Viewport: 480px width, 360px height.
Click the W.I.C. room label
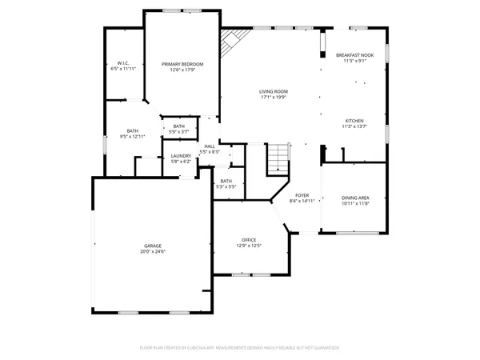(x=123, y=62)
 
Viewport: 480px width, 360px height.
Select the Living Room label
(x=273, y=91)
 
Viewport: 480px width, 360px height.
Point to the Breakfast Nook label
(x=354, y=54)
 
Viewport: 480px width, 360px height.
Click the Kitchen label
(x=354, y=120)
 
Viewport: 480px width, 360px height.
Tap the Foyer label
(x=302, y=195)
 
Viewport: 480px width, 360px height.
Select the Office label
(x=249, y=240)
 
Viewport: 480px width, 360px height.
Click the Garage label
(x=154, y=246)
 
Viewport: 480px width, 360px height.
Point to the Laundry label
(x=181, y=155)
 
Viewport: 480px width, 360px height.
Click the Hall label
(x=210, y=146)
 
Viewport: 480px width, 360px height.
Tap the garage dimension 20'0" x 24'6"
(x=154, y=251)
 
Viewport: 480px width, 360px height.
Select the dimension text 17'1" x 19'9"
(x=273, y=98)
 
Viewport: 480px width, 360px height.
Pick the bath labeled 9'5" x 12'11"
(x=134, y=134)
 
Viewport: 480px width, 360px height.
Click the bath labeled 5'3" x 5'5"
(x=226, y=183)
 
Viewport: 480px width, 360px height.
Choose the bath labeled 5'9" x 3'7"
(x=179, y=128)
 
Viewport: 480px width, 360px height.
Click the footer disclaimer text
(x=240, y=347)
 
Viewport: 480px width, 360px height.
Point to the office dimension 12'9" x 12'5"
(x=249, y=246)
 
